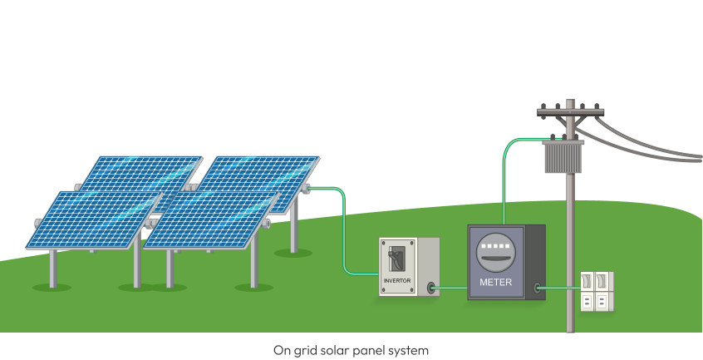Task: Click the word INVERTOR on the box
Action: [x=396, y=281]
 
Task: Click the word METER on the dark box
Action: [x=495, y=283]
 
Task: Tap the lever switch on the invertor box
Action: [x=396, y=259]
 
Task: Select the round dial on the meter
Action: [x=495, y=253]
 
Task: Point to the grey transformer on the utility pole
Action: [x=563, y=156]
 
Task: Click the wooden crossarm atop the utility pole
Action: [x=570, y=112]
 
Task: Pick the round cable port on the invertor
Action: [x=430, y=288]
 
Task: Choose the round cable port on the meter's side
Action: [x=537, y=288]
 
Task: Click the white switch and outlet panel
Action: [x=597, y=291]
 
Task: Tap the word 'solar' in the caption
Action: [x=322, y=350]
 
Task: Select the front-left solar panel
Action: [x=94, y=219]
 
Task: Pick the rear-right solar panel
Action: [x=258, y=184]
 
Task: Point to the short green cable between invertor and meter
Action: [x=451, y=288]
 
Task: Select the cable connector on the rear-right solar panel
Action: [x=307, y=188]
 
